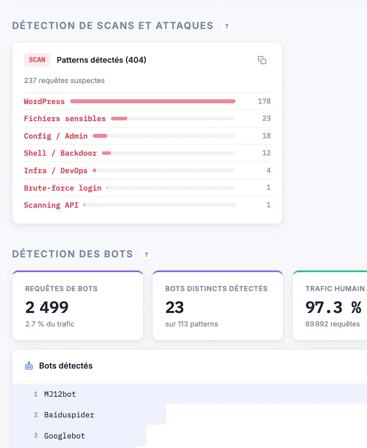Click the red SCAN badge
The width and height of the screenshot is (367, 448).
37,60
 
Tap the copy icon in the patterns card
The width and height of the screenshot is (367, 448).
262,60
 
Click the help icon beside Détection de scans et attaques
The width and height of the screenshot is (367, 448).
227,26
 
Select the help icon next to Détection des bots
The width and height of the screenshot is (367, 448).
146,255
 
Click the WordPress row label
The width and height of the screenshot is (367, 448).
44,101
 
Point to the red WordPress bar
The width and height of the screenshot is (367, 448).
153,101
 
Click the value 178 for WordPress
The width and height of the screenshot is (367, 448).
264,101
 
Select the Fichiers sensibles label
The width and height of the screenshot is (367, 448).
65,119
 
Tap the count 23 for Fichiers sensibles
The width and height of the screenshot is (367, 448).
266,118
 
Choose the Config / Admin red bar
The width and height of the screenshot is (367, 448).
100,136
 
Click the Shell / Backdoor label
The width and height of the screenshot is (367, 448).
60,153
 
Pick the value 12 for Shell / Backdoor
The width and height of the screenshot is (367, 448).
266,153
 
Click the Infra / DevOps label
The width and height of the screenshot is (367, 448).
55,170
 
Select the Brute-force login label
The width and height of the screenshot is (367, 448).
63,188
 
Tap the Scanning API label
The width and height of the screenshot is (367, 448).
51,205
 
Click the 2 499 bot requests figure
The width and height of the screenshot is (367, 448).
47,307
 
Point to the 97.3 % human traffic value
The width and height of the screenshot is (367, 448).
333,307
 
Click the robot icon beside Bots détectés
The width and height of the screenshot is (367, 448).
29,366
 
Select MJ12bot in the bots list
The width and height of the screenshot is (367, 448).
60,394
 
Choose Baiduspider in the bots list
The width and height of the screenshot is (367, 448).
69,415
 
